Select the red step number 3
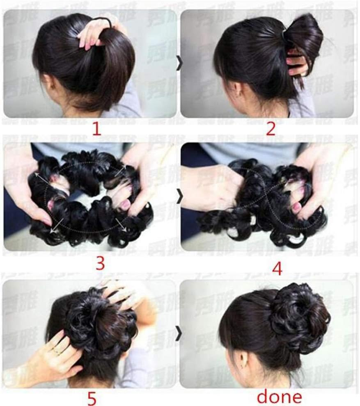(x=100, y=263)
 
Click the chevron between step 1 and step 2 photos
(x=179, y=64)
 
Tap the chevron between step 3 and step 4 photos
(x=179, y=198)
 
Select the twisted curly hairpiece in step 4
(x=263, y=201)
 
